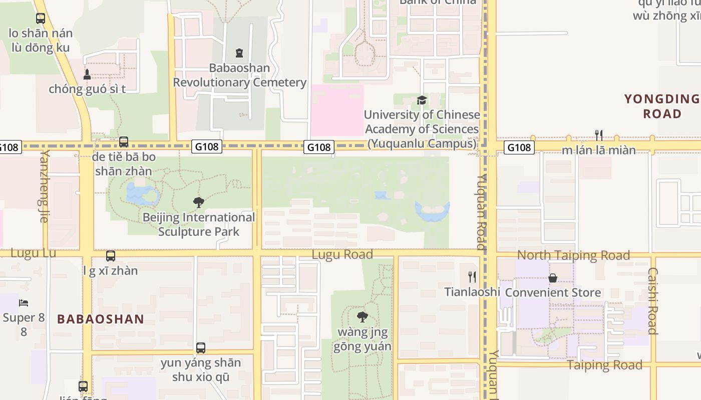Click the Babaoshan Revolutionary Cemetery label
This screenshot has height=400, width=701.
click(x=239, y=75)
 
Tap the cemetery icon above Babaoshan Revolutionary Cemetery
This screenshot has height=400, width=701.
click(x=239, y=53)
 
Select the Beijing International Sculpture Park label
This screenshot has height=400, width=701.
click(x=199, y=224)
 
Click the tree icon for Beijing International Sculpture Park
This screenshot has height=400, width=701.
click(x=199, y=202)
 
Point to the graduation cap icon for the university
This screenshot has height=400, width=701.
click(x=422, y=100)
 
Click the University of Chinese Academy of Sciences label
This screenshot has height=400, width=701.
click(x=422, y=129)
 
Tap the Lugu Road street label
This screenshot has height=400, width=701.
click(x=342, y=254)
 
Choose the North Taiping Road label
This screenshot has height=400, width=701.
click(x=573, y=255)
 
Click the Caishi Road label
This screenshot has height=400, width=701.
click(x=652, y=301)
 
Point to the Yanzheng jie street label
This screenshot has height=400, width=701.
click(x=45, y=185)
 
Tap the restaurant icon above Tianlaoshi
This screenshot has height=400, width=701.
click(x=472, y=276)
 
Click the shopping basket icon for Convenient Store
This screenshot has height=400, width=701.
click(x=553, y=277)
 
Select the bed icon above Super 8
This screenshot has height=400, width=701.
click(x=24, y=303)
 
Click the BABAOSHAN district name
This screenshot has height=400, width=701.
click(x=101, y=319)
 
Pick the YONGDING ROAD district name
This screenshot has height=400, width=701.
click(x=662, y=106)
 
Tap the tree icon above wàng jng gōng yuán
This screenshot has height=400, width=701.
click(x=363, y=317)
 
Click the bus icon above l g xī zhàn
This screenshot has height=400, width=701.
click(x=111, y=256)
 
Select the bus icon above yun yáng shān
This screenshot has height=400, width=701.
click(x=200, y=347)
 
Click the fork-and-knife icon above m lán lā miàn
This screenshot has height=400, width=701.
click(x=599, y=135)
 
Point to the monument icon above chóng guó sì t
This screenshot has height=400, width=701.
click(x=87, y=74)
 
